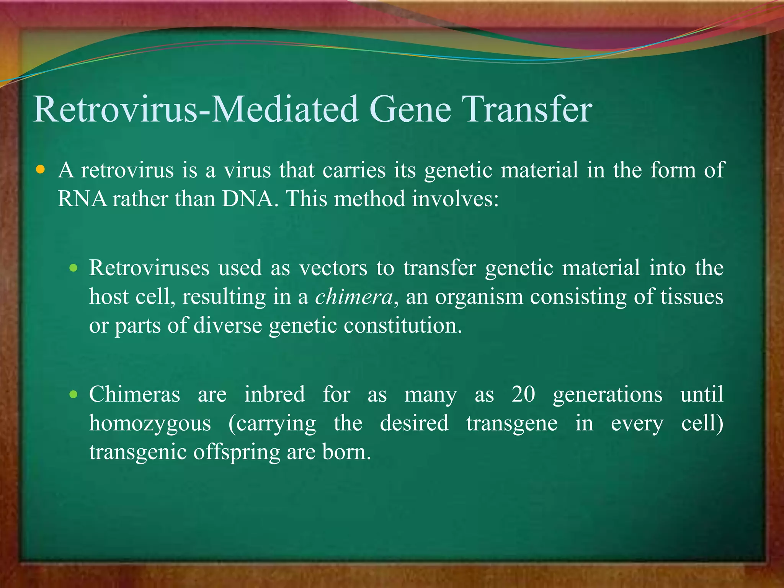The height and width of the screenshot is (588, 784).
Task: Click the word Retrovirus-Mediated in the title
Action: coord(195,110)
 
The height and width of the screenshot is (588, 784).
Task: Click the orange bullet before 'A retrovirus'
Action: coord(40,169)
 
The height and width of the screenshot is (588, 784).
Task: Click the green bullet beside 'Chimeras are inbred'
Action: coord(73,394)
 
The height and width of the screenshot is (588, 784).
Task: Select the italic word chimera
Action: coord(354,297)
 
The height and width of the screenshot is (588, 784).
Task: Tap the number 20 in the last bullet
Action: coord(523,394)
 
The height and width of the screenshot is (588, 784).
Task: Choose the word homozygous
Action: coord(150,423)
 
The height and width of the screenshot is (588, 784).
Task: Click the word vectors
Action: coord(333,268)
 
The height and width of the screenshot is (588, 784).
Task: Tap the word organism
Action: coord(479,297)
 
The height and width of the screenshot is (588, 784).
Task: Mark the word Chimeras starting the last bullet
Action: coord(134,394)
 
